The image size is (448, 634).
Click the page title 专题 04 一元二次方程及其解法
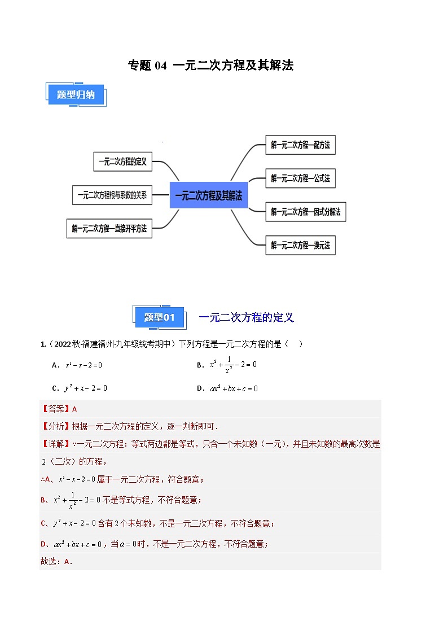[x=210, y=65]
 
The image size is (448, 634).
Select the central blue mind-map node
[x=208, y=195]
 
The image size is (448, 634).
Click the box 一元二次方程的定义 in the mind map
[x=122, y=161]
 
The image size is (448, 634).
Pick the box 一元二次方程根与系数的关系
[x=112, y=195]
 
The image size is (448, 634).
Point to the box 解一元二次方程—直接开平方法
[x=109, y=229]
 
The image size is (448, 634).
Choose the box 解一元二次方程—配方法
[x=300, y=145]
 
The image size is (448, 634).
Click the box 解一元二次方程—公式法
[x=300, y=178]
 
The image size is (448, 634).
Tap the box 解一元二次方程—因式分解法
[x=305, y=212]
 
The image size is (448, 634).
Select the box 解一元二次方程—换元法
[x=300, y=245]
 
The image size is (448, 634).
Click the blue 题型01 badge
[x=160, y=317]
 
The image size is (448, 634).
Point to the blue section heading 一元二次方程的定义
[x=247, y=317]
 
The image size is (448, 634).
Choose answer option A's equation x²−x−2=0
[x=84, y=365]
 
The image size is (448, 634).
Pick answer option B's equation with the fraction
[x=233, y=365]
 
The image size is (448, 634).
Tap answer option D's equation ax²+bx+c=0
[x=234, y=388]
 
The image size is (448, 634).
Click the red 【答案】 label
[x=55, y=409]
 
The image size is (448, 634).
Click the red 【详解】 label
[x=55, y=444]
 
